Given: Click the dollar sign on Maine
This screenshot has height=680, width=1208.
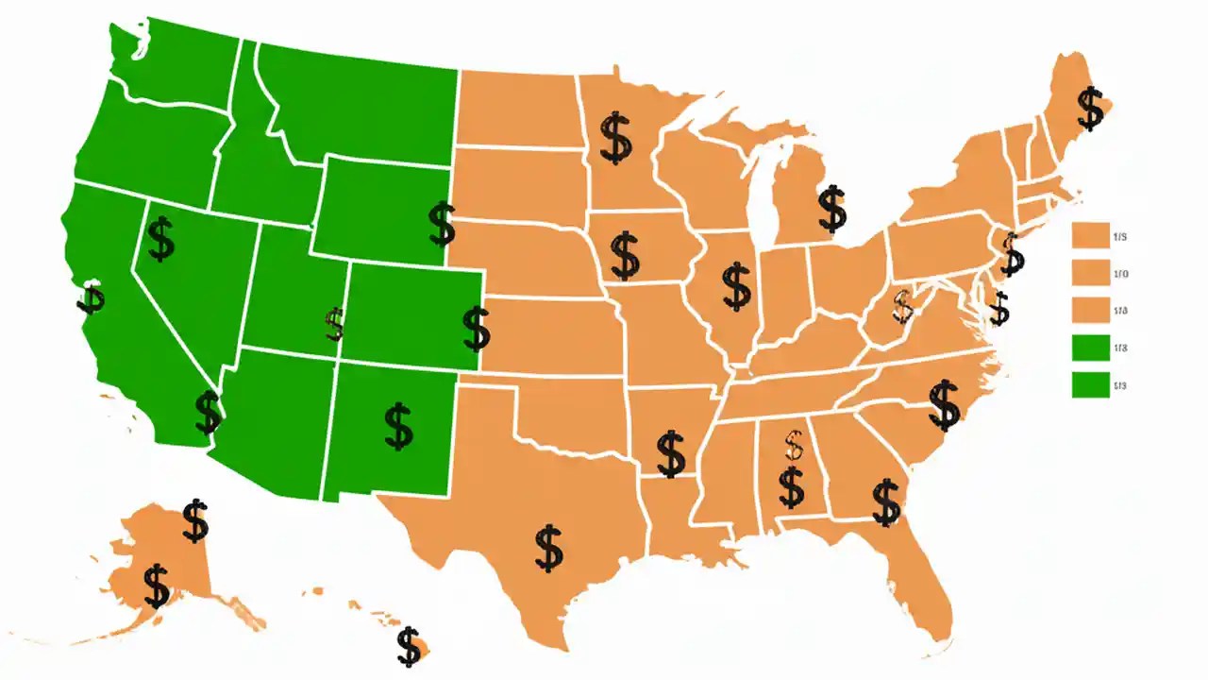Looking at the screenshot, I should click(x=1091, y=108).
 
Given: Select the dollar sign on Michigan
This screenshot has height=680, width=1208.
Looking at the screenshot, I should click(x=831, y=209).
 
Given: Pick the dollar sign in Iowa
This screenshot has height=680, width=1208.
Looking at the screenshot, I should click(x=625, y=253).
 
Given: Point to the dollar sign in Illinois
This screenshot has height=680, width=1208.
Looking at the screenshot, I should click(x=736, y=287).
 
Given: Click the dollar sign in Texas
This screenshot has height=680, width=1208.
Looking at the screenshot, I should click(x=548, y=548).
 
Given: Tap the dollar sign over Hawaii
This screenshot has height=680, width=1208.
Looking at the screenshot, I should click(x=409, y=646).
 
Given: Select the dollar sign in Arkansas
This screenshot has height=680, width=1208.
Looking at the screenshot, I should click(x=671, y=453).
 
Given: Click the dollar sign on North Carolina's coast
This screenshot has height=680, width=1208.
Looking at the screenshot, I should click(x=944, y=404).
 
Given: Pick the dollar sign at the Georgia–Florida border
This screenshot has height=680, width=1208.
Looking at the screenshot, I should click(x=886, y=501).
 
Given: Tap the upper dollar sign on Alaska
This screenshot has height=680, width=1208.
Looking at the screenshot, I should click(x=195, y=519).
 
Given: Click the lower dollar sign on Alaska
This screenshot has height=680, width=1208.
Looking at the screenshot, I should click(x=157, y=586).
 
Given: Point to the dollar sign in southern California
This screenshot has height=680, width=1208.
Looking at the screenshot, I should click(x=208, y=412).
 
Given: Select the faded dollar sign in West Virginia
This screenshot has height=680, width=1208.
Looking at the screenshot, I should click(x=903, y=306).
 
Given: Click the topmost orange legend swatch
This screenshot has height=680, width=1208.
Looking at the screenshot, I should click(x=1090, y=235).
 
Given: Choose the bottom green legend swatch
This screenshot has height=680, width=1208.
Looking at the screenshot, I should click(x=1090, y=384).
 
